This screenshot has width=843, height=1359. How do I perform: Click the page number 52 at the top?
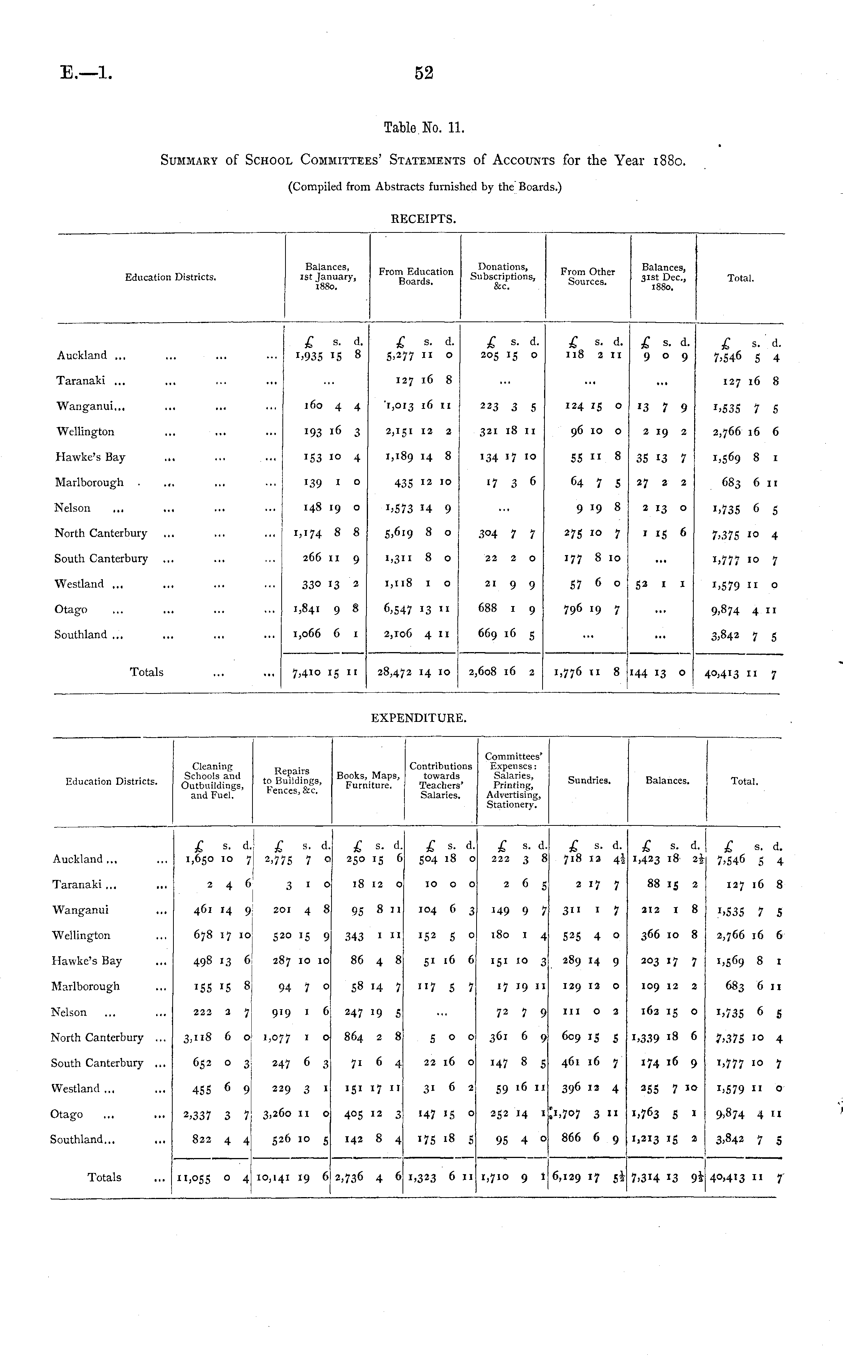[424, 73]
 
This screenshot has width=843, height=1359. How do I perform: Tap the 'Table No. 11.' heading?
[424, 128]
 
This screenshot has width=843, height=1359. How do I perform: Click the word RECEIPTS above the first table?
[423, 219]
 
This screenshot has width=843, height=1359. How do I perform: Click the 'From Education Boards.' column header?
[416, 277]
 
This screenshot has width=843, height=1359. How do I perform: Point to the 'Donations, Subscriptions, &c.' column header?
[503, 277]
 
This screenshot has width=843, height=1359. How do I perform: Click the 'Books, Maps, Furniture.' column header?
[368, 781]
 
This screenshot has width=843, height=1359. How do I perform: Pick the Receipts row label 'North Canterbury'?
[101, 533]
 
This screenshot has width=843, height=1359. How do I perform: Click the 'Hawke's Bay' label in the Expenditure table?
[86, 960]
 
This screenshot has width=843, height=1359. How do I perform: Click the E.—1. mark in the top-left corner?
[86, 73]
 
